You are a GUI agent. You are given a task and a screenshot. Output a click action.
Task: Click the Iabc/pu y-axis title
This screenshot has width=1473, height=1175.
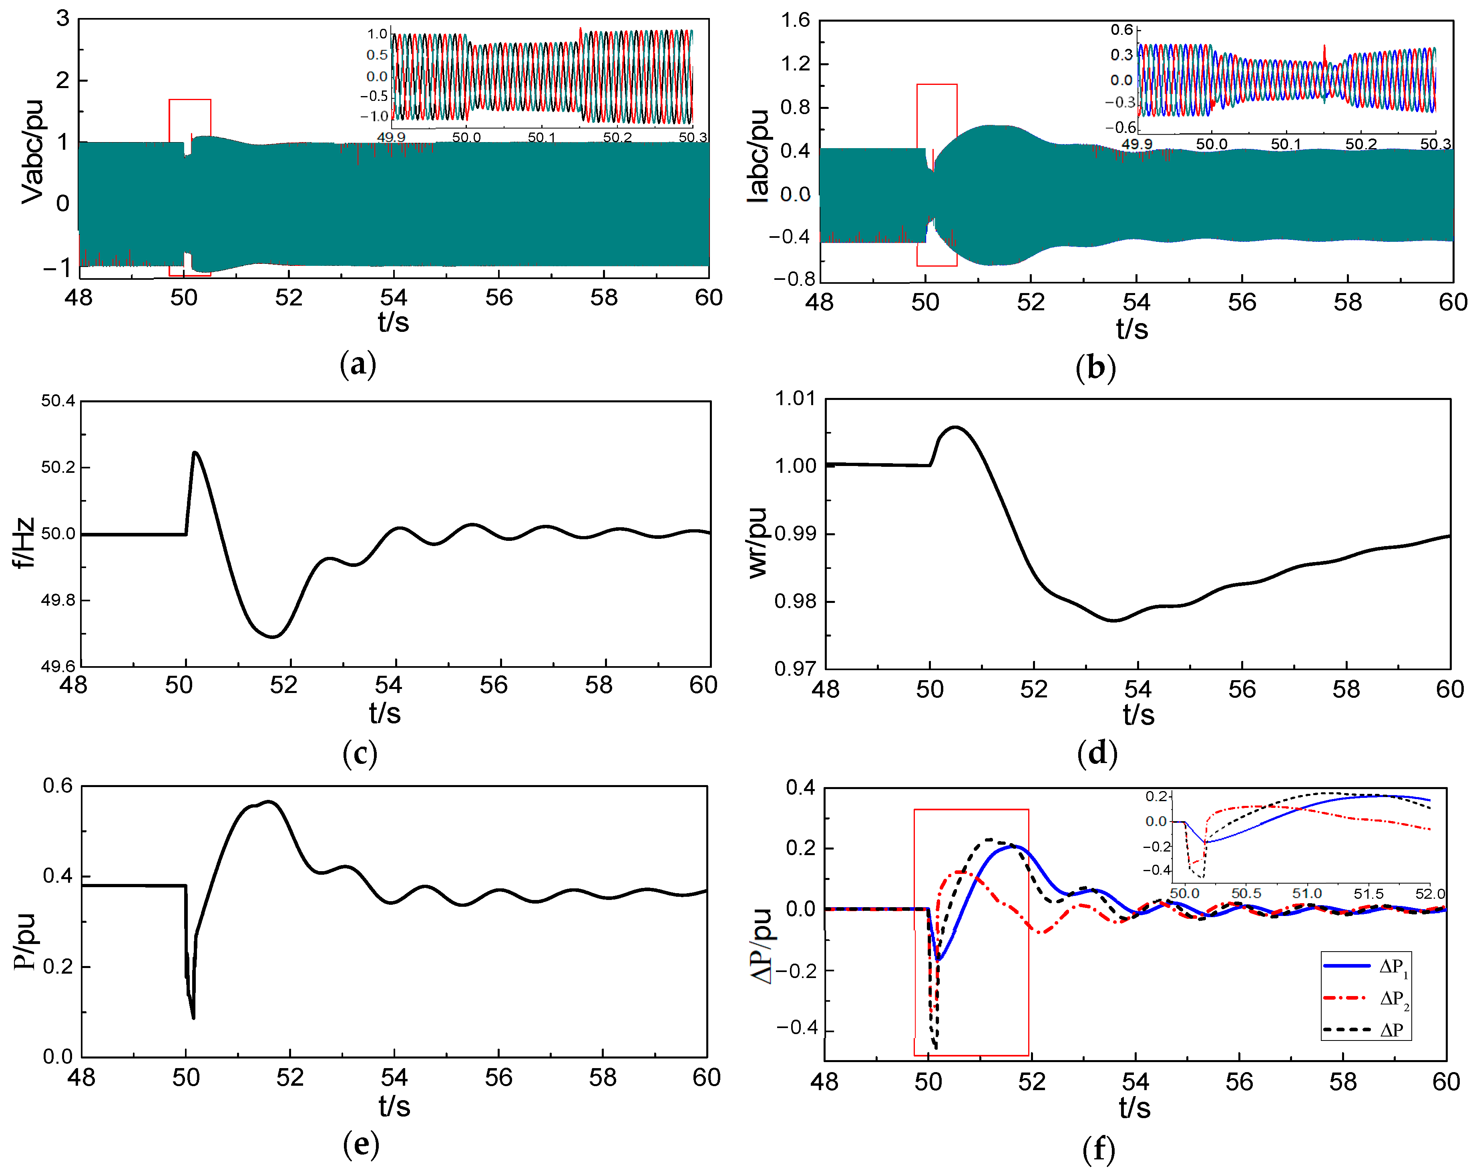click(x=758, y=156)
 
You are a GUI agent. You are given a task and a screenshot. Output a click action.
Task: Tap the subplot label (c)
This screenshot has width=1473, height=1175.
click(x=360, y=753)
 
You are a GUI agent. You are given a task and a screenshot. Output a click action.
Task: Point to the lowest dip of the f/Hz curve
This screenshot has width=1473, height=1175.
click(x=273, y=637)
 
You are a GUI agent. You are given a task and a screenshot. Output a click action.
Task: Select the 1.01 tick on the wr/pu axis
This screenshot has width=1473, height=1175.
click(x=795, y=398)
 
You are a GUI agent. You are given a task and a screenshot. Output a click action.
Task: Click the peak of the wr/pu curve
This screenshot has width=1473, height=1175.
click(x=955, y=427)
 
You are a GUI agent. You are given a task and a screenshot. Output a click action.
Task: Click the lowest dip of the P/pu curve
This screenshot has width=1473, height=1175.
click(x=193, y=1018)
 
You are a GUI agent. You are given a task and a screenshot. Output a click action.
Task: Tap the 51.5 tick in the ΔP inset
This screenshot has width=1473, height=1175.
click(x=1369, y=894)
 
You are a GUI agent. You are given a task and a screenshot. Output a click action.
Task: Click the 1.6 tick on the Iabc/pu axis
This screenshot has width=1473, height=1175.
click(x=795, y=20)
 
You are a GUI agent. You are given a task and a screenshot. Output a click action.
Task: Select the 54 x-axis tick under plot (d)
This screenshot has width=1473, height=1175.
click(x=1137, y=689)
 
